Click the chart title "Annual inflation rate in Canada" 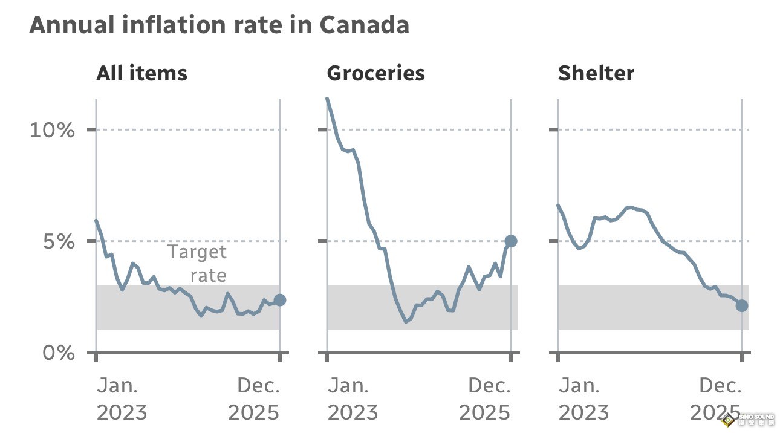click(219, 25)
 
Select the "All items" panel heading click(141, 74)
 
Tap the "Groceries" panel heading click(375, 74)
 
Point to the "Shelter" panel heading click(596, 74)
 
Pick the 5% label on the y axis click(59, 242)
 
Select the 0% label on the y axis click(59, 353)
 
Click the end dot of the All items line click(279, 300)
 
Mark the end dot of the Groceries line click(511, 241)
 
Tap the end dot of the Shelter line click(742, 306)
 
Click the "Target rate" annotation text click(197, 263)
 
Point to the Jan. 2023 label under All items click(122, 399)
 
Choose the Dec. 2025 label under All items click(255, 399)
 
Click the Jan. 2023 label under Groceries click(353, 399)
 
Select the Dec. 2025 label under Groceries click(486, 399)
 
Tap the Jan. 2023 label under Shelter click(583, 399)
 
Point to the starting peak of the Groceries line click(327, 99)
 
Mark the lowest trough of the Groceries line click(406, 321)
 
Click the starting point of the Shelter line click(558, 206)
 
